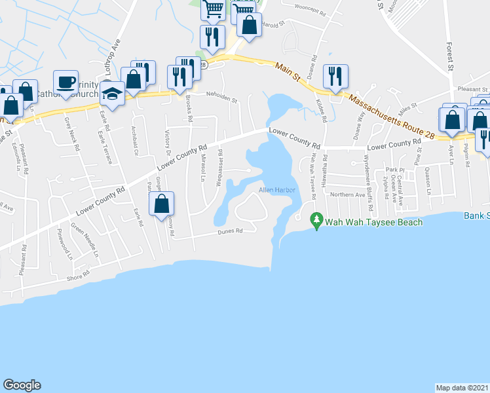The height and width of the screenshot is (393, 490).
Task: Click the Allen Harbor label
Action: pos(278,190)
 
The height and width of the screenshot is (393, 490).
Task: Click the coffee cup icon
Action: pos(66,81)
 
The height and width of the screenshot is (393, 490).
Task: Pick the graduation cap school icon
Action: pos(113,93)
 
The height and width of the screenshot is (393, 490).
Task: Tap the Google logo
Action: pos(22,385)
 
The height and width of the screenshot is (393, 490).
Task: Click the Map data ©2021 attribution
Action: pos(462,387)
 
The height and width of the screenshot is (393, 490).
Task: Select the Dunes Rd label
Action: pos(231,231)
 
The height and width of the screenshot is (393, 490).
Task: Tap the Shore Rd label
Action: pos(77,277)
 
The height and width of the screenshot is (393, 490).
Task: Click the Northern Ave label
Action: pos(347,195)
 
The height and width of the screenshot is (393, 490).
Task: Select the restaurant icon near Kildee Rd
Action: pos(335,76)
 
